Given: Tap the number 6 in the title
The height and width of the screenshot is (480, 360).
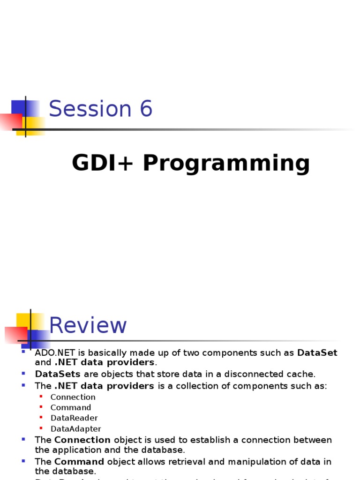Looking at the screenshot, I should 145,109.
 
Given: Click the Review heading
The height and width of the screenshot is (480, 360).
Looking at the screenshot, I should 88,325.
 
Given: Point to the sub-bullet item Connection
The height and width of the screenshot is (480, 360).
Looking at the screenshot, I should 73,397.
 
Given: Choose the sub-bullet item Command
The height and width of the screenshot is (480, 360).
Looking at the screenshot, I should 71,407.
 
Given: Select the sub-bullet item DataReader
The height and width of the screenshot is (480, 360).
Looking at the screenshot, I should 74,418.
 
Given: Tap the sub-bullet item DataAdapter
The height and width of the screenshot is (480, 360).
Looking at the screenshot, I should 75,428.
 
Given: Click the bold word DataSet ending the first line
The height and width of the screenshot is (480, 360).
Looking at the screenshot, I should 317,352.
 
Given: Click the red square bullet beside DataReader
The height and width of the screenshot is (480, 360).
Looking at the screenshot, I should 41,417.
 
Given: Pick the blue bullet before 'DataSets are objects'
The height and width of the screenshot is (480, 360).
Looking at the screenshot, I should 24,373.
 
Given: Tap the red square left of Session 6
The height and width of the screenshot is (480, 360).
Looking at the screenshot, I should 10,121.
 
